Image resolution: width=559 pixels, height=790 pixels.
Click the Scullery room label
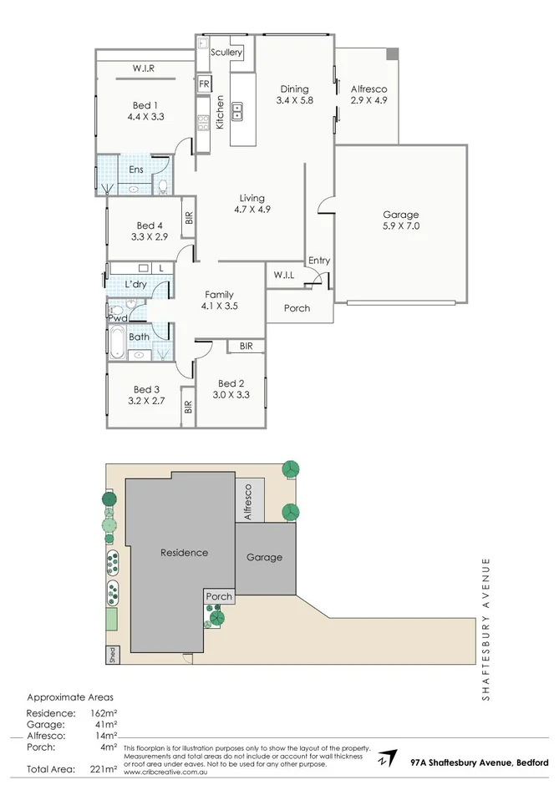point(226,53)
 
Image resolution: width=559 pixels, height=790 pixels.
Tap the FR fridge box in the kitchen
point(204,84)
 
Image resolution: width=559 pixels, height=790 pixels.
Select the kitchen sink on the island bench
point(236,109)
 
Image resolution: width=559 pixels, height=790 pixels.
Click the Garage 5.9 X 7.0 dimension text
point(400,226)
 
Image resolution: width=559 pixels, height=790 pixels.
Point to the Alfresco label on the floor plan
point(368,89)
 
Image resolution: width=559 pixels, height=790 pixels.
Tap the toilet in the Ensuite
point(164,186)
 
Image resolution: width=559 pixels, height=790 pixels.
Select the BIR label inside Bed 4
point(189,218)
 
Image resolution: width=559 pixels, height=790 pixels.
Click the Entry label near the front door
point(319,261)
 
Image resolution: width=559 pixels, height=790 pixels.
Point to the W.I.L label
point(283,275)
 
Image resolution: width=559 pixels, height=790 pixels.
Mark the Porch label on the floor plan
point(297,308)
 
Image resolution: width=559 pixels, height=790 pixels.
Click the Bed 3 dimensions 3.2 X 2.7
point(145,401)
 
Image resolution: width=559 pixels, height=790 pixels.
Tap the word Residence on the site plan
point(185,553)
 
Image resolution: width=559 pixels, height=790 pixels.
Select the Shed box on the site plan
point(110,655)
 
